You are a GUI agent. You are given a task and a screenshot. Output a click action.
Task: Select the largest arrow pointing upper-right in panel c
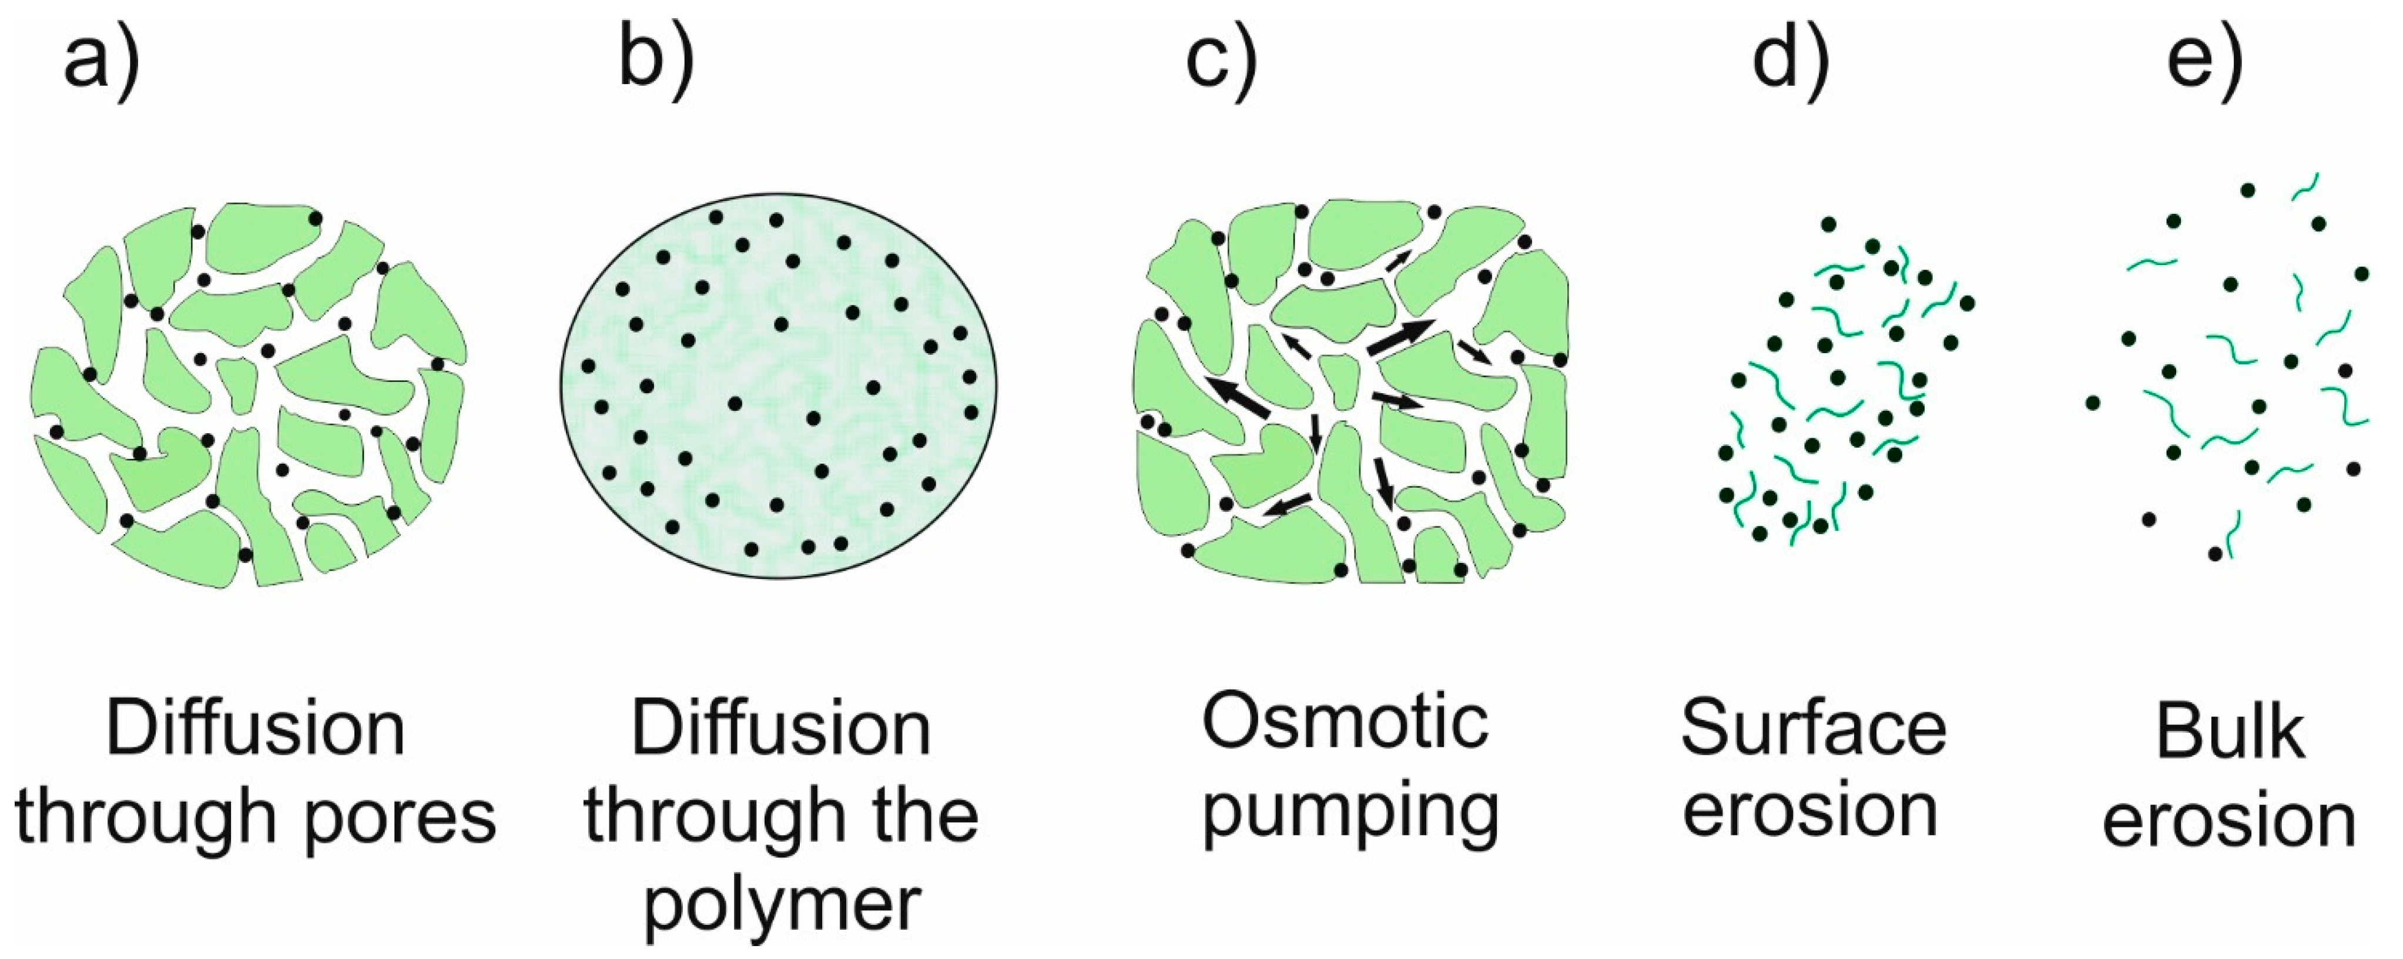[1400, 336]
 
